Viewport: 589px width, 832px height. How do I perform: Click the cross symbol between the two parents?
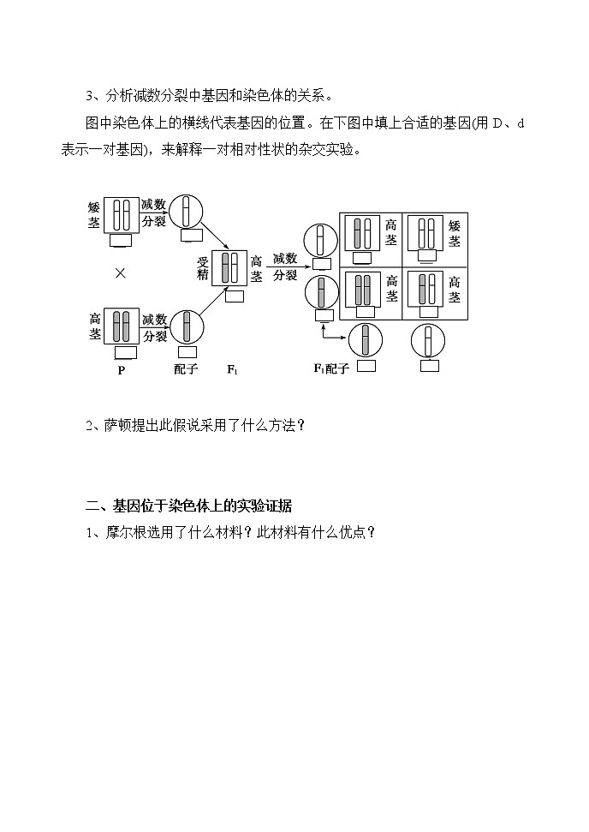point(121,272)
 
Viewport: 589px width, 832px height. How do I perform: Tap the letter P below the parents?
point(121,370)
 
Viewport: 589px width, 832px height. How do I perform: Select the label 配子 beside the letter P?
point(186,370)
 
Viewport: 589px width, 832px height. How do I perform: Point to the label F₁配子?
point(330,369)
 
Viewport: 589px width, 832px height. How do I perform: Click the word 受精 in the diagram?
point(203,268)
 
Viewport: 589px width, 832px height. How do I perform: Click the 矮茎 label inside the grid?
point(455,232)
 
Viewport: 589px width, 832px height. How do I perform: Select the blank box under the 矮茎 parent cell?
point(120,241)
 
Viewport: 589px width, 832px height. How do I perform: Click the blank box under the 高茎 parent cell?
point(126,351)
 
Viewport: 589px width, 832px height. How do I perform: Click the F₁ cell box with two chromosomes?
point(229,267)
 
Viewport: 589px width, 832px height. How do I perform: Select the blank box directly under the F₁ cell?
point(233,296)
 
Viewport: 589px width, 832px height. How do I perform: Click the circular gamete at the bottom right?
point(428,341)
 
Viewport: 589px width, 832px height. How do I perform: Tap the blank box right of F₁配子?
point(366,366)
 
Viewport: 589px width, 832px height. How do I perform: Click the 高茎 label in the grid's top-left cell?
point(391,232)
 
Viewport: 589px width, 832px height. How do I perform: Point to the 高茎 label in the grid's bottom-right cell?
point(455,289)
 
